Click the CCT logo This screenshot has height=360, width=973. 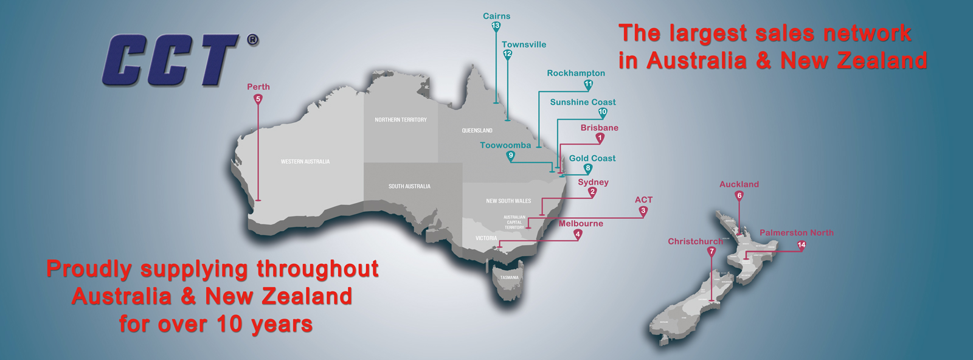171,60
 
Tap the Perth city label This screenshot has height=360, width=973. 258,87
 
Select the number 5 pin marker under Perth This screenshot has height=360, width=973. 258,99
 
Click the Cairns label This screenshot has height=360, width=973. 497,16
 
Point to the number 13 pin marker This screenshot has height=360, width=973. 496,26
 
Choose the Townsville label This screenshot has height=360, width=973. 524,44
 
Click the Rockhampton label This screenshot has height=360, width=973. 576,73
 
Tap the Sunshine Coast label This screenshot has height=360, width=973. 583,102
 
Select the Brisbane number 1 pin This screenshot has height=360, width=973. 600,138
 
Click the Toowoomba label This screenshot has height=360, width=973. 505,145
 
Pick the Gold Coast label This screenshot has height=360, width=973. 592,158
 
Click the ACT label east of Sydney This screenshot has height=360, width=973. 643,199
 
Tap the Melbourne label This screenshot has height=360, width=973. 581,224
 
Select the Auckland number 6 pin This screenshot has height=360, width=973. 739,196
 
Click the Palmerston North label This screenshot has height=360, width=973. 797,233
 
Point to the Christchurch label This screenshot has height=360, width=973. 696,241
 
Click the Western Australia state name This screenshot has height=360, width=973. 305,162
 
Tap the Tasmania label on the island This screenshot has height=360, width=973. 510,278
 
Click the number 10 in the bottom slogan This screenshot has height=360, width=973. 230,324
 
